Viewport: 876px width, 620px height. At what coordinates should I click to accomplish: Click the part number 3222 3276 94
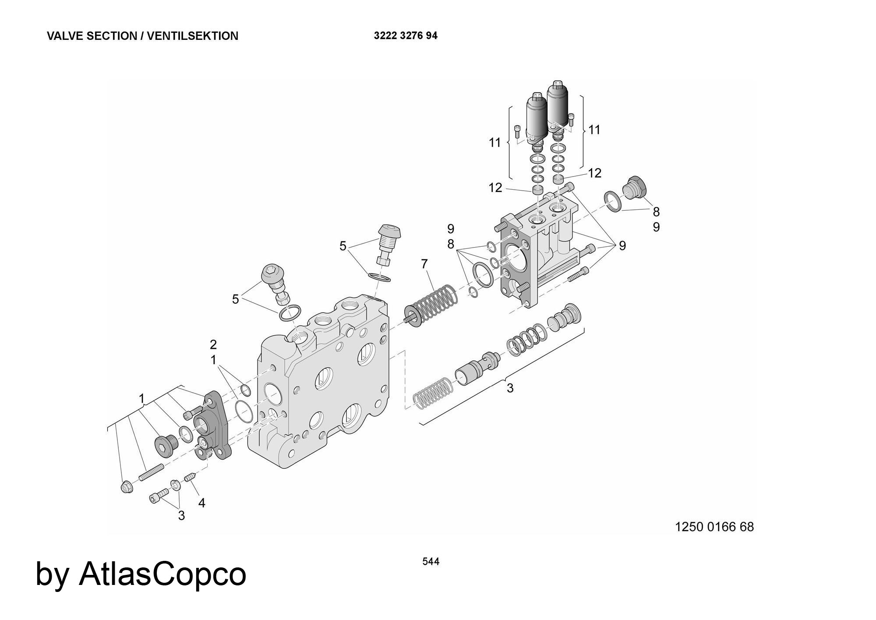click(x=405, y=36)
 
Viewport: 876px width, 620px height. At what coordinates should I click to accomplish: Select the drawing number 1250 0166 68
click(x=714, y=527)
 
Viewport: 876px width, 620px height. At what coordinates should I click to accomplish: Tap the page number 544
click(x=431, y=561)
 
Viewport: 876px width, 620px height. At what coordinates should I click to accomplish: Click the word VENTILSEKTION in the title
click(x=192, y=36)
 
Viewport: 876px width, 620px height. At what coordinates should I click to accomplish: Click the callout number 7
click(x=424, y=264)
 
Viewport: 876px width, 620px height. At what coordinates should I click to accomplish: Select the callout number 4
click(x=201, y=503)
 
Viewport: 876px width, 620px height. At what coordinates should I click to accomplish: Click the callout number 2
click(x=213, y=344)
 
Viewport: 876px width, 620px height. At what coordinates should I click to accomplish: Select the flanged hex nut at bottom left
click(x=127, y=487)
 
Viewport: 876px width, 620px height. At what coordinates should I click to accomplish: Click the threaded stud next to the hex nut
click(x=151, y=472)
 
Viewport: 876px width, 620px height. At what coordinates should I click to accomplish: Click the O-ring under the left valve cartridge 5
click(x=290, y=313)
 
